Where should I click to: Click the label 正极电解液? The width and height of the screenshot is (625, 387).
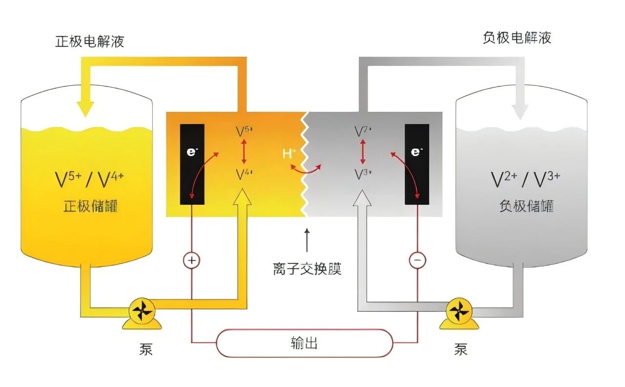pyautogui.click(x=90, y=41)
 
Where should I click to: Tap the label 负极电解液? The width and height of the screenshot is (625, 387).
pyautogui.click(x=517, y=38)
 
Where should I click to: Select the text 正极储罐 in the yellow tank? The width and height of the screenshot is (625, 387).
pyautogui.click(x=91, y=206)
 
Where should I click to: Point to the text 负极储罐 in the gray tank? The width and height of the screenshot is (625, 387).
pyautogui.click(x=526, y=206)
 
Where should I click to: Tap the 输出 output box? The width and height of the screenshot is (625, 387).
pyautogui.click(x=304, y=343)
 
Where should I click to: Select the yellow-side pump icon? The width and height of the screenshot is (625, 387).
pyautogui.click(x=142, y=312)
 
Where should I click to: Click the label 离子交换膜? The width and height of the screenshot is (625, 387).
pyautogui.click(x=307, y=269)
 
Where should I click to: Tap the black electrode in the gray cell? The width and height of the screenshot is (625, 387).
pyautogui.click(x=417, y=164)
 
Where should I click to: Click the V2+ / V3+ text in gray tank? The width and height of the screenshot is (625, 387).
pyautogui.click(x=526, y=180)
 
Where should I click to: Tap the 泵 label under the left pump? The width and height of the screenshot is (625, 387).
pyautogui.click(x=146, y=350)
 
